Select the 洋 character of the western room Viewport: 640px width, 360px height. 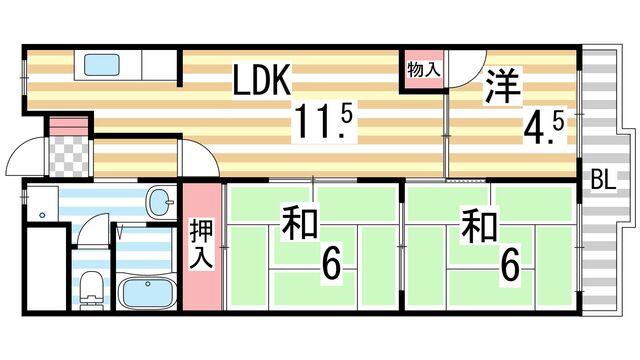[500, 88]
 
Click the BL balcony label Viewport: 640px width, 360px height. [603, 181]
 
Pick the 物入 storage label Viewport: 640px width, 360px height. [422, 70]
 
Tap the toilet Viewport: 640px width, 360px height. [90, 285]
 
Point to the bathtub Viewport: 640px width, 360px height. [147, 293]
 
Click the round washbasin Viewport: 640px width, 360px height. [158, 204]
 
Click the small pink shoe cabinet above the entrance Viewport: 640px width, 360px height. [69, 126]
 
